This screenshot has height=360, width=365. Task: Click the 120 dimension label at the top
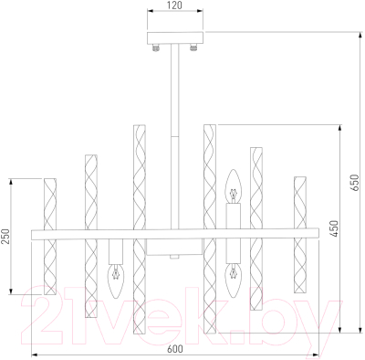coord(174,5)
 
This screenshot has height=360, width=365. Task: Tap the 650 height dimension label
coord(354,183)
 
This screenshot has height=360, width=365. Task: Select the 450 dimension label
coord(334,228)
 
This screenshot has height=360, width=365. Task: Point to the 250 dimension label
coord(6,237)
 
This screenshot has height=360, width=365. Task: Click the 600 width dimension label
coord(175,349)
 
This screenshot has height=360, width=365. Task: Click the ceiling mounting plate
coord(175,37)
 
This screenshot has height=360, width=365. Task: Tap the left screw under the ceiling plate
coord(156,48)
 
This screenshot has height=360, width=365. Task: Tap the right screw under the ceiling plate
coord(193,48)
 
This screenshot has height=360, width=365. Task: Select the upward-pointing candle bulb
coord(233,185)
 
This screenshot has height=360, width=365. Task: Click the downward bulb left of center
coord(116,281)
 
